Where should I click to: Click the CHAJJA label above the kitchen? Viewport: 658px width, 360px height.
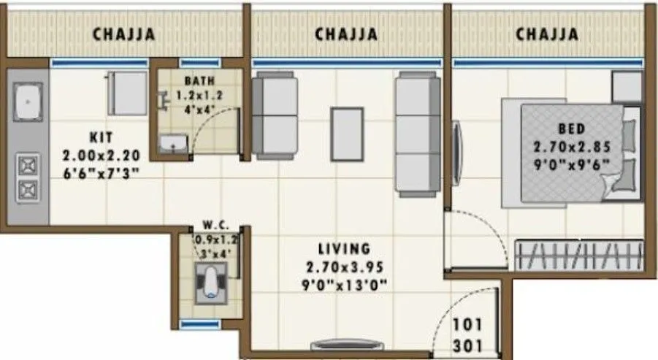coord(123,34)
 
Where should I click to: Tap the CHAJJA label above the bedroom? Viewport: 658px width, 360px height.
coord(547,34)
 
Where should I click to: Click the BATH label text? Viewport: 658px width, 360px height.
coord(199,80)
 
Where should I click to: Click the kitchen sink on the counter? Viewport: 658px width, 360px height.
coord(28,102)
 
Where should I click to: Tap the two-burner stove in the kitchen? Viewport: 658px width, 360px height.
coord(28,177)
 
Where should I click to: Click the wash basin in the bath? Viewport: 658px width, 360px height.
coord(172,144)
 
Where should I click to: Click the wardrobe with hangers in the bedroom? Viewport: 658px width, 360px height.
coord(581,256)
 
